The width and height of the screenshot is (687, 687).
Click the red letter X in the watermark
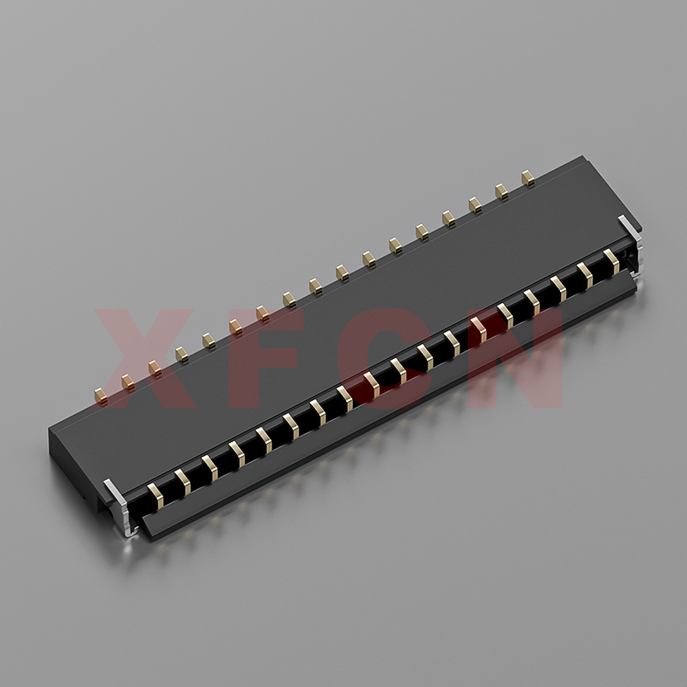(143, 358)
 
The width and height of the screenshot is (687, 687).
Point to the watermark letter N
(514, 358)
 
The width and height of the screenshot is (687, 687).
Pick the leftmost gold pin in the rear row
(100, 396)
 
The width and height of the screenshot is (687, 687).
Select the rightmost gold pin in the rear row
(528, 179)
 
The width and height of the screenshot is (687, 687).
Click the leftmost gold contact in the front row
(155, 495)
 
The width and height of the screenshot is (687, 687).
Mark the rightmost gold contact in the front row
(611, 262)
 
